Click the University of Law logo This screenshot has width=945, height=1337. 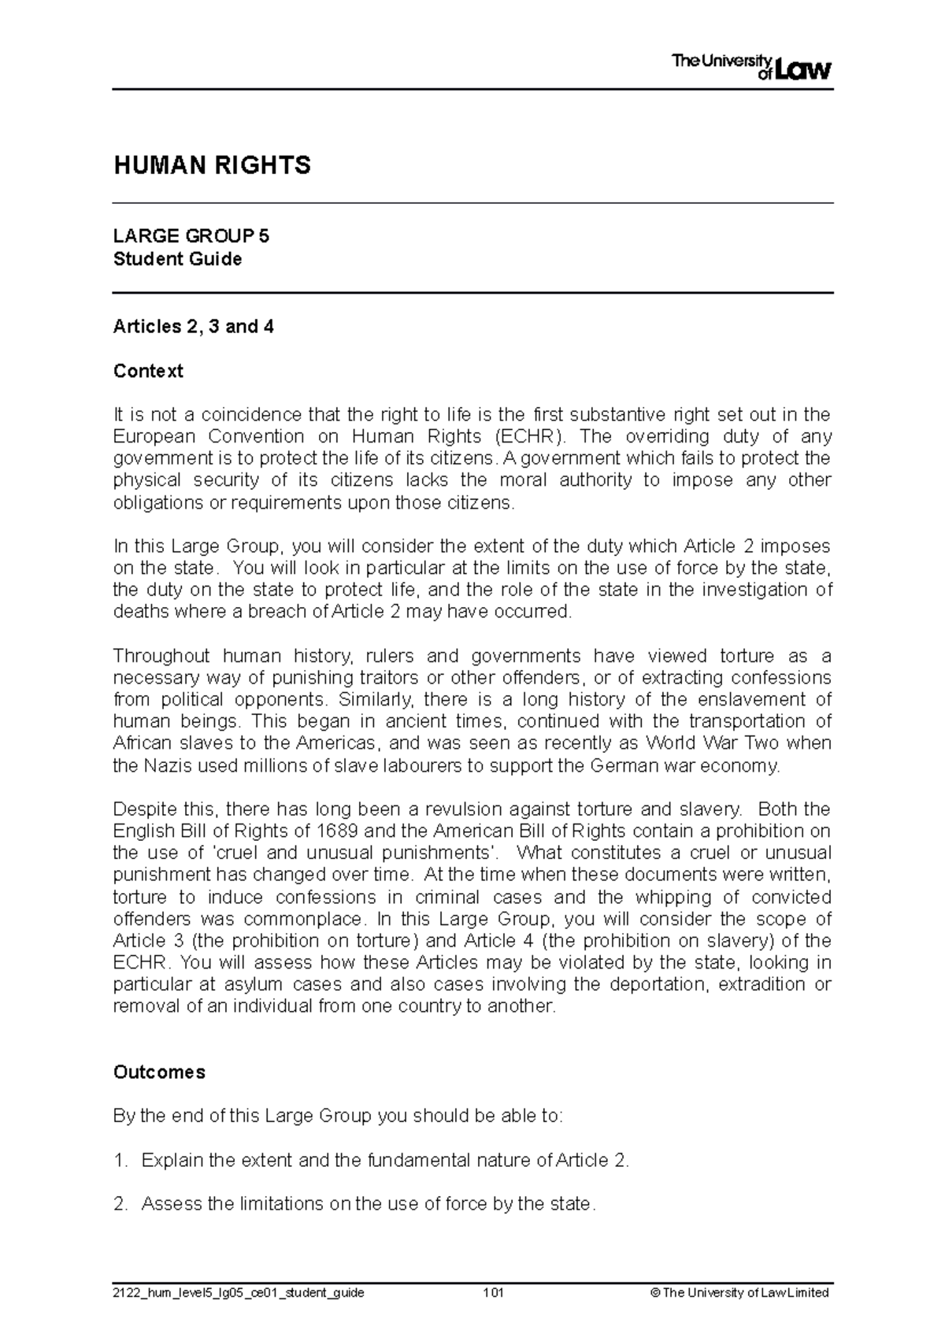(x=750, y=68)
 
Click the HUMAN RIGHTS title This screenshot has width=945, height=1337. (x=212, y=165)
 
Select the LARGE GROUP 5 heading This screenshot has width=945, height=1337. (x=191, y=236)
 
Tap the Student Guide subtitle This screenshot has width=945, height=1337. (x=177, y=259)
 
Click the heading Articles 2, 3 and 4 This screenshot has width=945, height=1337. (x=193, y=327)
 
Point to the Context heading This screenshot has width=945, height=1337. (x=148, y=371)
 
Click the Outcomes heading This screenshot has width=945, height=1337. (x=159, y=1072)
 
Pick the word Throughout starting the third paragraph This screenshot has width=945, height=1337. (x=161, y=656)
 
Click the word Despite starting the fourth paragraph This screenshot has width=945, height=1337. (x=146, y=809)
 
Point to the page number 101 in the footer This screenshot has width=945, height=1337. (x=493, y=1293)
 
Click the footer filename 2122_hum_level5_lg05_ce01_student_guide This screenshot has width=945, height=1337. (x=239, y=1293)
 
